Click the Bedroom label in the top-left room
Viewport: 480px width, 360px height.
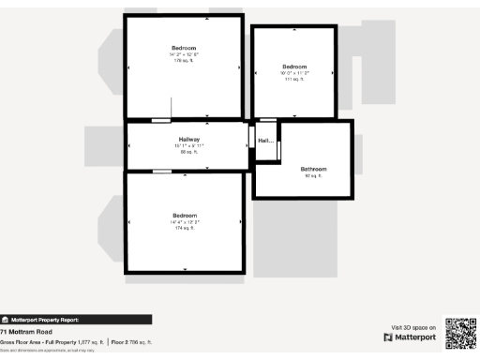coord(184,48)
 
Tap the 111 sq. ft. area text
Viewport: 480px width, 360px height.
coord(294,80)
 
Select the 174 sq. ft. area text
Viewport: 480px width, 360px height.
coord(184,229)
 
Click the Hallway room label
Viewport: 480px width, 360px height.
coord(190,140)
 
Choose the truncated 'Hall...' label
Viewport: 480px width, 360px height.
coord(265,142)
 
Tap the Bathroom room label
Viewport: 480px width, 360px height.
coord(313,169)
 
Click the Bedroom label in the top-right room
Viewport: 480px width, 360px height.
coord(294,67)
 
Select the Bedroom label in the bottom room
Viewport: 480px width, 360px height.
coord(184,217)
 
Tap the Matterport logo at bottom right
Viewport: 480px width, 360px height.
coord(411,337)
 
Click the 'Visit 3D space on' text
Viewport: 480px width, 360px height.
coord(412,327)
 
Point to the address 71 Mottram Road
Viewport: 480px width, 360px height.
coord(26,332)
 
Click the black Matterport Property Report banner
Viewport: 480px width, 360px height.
coord(75,320)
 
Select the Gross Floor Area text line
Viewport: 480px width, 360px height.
coord(75,343)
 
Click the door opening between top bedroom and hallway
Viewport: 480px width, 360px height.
coord(161,120)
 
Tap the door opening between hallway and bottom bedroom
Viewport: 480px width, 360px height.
coord(162,171)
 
